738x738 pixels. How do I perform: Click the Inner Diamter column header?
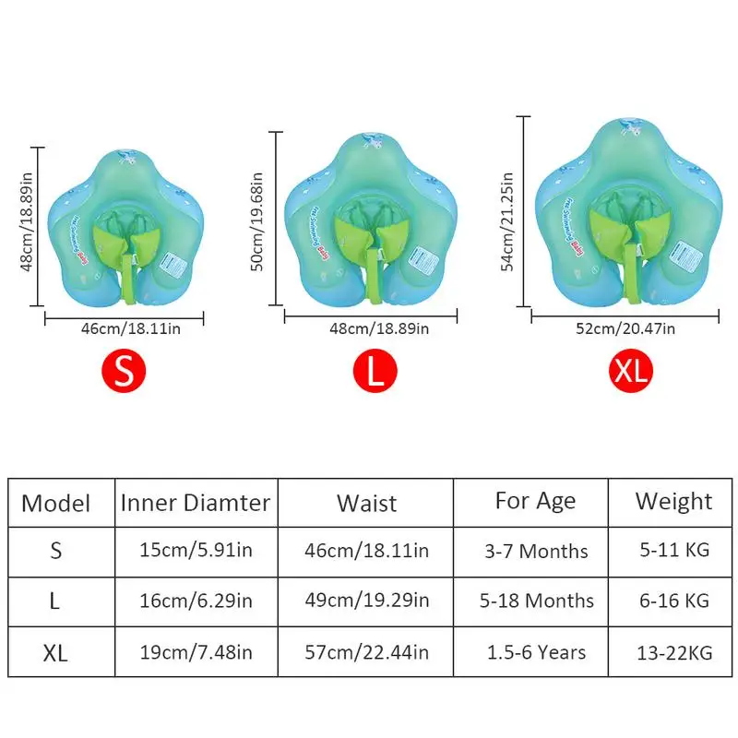[196, 503]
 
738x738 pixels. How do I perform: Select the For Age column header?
[535, 501]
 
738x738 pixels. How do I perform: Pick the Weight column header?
[673, 501]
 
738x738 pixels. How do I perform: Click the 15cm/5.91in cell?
[196, 552]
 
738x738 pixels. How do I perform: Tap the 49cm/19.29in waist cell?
[366, 601]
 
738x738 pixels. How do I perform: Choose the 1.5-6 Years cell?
[536, 652]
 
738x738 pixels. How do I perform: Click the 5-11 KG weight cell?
[673, 551]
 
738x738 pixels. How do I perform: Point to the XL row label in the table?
[55, 653]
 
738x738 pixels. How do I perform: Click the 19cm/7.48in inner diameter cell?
[196, 652]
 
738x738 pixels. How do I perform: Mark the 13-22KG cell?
[673, 652]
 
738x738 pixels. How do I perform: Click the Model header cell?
[55, 504]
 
